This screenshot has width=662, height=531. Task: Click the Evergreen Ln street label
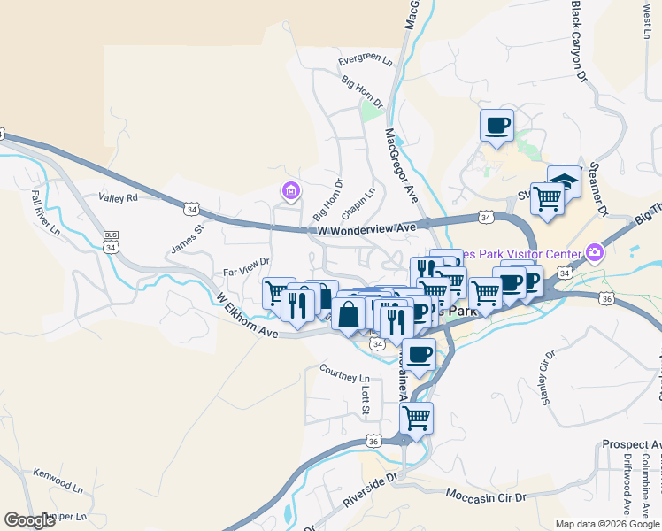366,61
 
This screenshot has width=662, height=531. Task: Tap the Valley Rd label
119,198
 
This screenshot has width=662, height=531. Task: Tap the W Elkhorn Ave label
247,316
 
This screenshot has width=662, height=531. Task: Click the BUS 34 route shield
111,242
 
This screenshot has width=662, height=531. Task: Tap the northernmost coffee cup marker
496,125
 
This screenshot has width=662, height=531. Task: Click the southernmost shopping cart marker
416,419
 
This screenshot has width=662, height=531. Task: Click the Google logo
30,520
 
